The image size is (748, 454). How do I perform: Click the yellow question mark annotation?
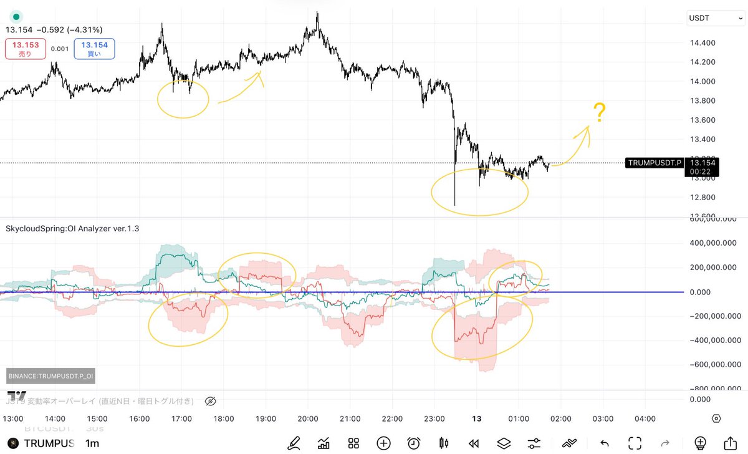[x=599, y=112]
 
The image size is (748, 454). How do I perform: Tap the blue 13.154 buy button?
[x=94, y=48]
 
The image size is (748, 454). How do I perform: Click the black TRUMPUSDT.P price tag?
[x=655, y=163]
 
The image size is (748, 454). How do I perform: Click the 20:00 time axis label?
[x=308, y=418]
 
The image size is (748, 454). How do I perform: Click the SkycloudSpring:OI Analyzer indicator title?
[x=72, y=228]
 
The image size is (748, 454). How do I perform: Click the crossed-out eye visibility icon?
[x=210, y=401]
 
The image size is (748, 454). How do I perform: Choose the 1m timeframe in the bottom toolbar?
[x=92, y=443]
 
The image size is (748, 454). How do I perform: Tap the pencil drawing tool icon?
[x=294, y=443]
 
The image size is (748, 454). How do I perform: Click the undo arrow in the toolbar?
[x=603, y=443]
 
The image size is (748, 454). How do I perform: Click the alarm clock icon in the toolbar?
[x=413, y=443]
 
